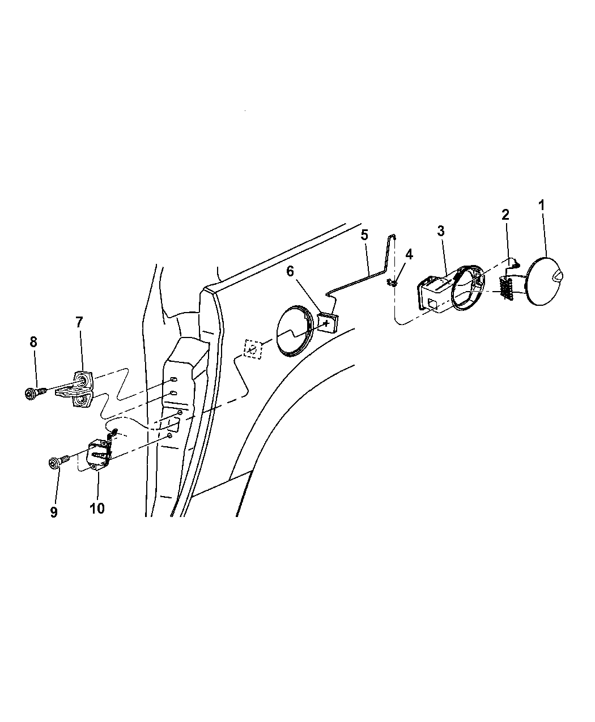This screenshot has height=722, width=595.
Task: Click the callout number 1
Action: (541, 205)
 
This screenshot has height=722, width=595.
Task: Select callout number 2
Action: (505, 215)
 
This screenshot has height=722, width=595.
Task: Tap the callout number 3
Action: (441, 230)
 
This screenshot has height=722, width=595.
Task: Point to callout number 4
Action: (409, 254)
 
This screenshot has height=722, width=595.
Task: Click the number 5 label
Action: (364, 235)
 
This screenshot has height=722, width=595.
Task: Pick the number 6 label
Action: (290, 271)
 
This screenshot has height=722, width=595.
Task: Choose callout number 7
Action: (79, 322)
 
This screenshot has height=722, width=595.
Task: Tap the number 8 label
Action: (33, 342)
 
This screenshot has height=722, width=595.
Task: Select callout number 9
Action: (54, 512)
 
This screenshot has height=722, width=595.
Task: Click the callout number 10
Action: (97, 509)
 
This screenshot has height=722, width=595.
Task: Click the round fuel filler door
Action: (544, 281)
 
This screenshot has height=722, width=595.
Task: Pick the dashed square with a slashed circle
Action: (253, 349)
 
